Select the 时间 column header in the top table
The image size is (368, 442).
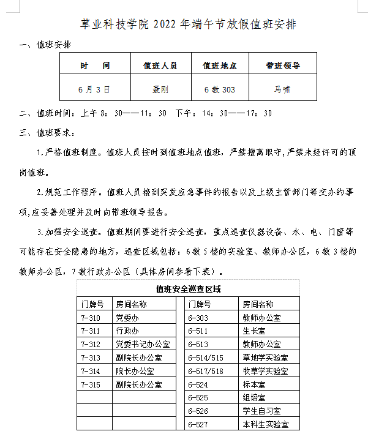pyautogui.click(x=95, y=65)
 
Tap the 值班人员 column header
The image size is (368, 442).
pyautogui.click(x=160, y=65)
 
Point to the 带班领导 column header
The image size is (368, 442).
pyautogui.click(x=282, y=65)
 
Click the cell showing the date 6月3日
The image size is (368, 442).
pyautogui.click(x=95, y=89)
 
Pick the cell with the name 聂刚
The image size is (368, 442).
pyautogui.click(x=160, y=89)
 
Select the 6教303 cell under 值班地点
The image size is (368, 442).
pyautogui.click(x=220, y=89)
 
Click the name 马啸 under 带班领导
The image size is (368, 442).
pyautogui.click(x=282, y=89)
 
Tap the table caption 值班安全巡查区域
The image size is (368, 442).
pyautogui.click(x=188, y=289)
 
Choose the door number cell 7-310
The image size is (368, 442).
pyautogui.click(x=90, y=318)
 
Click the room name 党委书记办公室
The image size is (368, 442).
pyautogui.click(x=139, y=345)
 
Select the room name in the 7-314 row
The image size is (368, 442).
pyautogui.click(x=135, y=372)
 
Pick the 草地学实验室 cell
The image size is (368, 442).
pyautogui.click(x=266, y=358)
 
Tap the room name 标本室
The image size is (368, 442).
pyautogui.click(x=254, y=385)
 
